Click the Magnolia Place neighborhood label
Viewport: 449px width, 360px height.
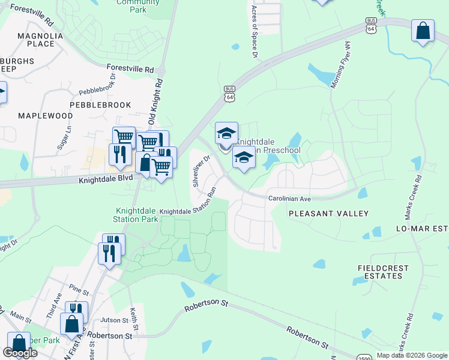[40, 40]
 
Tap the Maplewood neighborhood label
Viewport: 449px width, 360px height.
[45, 115]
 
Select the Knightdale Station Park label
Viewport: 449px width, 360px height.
[137, 215]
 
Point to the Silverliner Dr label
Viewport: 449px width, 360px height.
[200, 172]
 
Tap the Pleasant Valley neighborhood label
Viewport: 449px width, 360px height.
[328, 213]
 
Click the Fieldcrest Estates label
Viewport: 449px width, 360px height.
[379, 271]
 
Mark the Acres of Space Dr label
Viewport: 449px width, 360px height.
[255, 32]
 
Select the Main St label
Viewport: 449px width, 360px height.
[20, 316]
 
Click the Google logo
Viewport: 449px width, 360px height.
[20, 353]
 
